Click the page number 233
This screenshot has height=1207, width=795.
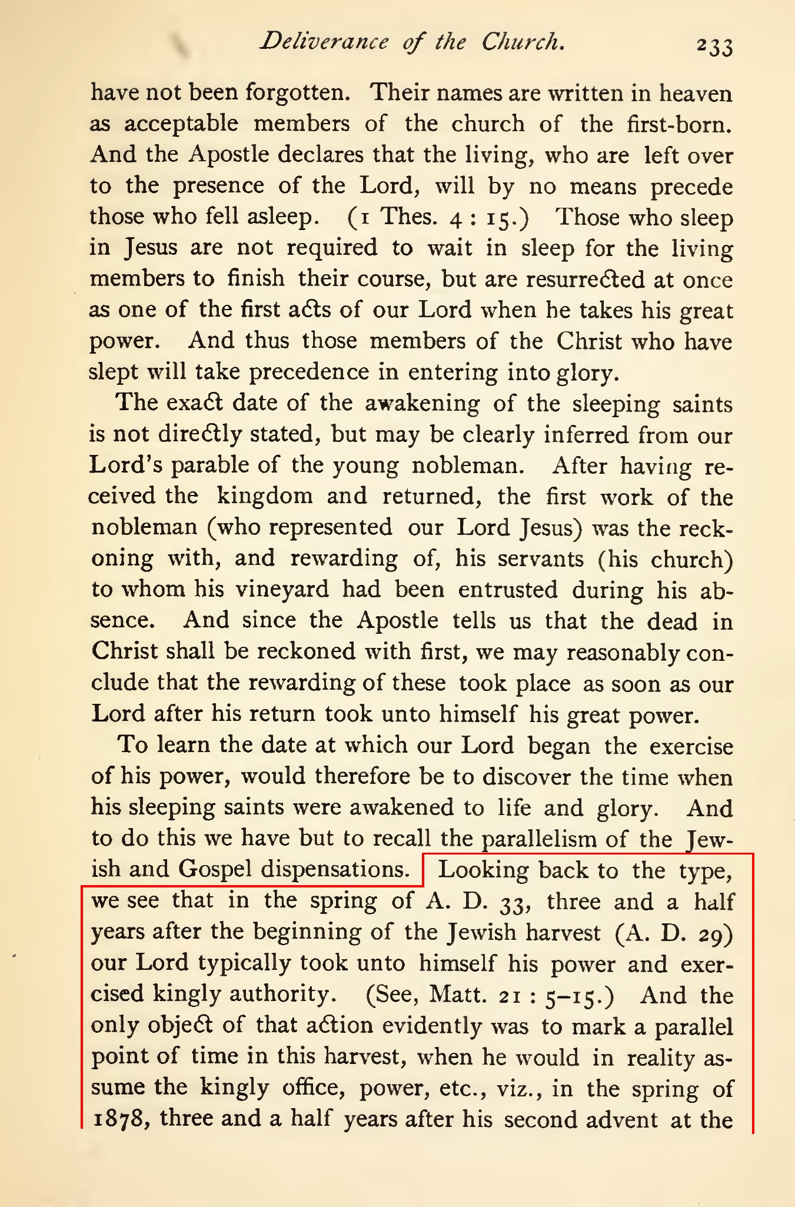pyautogui.click(x=714, y=46)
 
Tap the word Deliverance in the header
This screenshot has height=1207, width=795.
pyautogui.click(x=325, y=41)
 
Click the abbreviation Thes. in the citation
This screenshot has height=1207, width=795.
pyautogui.click(x=410, y=217)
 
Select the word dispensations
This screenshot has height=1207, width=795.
pyautogui.click(x=335, y=869)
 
